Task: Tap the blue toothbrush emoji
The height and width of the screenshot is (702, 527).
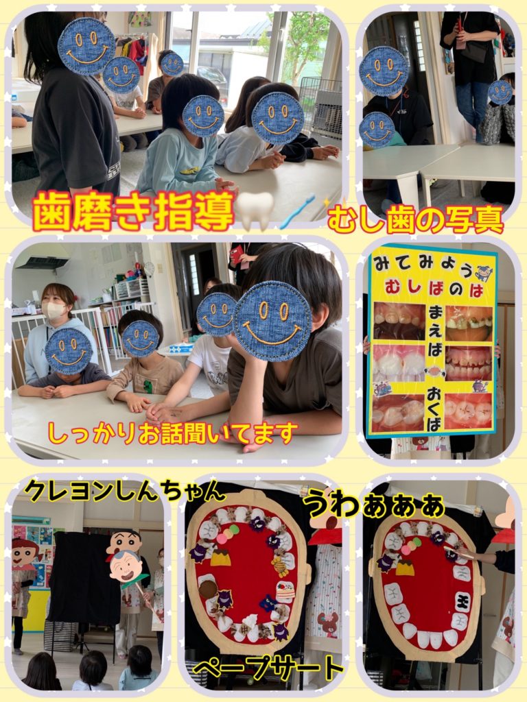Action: pyautogui.click(x=298, y=211)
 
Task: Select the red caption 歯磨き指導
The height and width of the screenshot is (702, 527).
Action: pyautogui.click(x=134, y=211)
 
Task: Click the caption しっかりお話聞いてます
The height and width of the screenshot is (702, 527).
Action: pyautogui.click(x=172, y=433)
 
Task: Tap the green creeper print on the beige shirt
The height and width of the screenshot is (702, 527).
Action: pyautogui.click(x=147, y=386)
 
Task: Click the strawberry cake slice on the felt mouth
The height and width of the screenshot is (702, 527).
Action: pyautogui.click(x=285, y=592)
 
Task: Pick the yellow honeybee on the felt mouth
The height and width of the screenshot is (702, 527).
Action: pyautogui.click(x=281, y=566)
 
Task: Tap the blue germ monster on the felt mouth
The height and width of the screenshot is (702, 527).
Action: pyautogui.click(x=268, y=603)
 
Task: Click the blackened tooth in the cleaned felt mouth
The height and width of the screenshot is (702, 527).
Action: pyautogui.click(x=463, y=601)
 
